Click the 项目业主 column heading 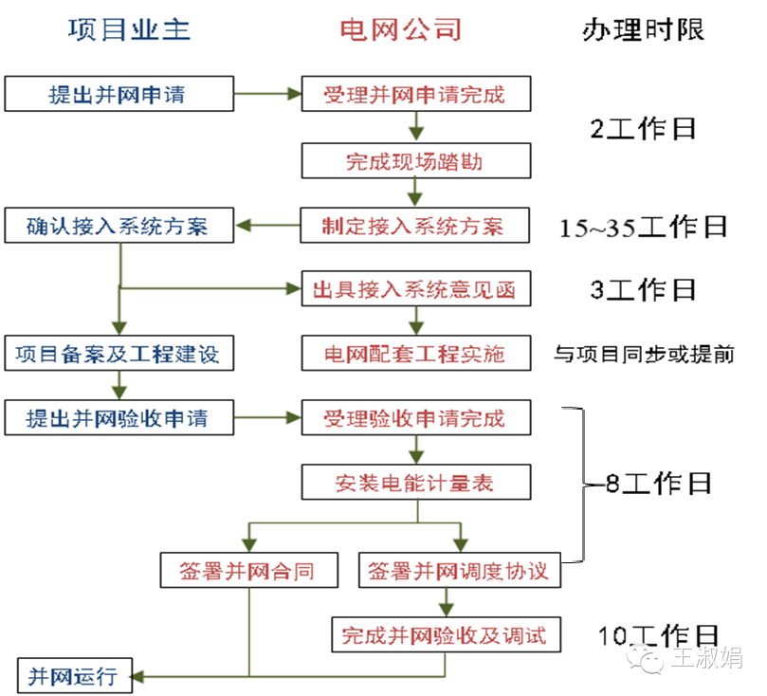click(130, 29)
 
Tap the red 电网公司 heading click(401, 29)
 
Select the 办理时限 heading click(643, 29)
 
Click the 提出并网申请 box click(118, 94)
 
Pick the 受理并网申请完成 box click(415, 94)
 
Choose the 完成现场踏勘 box click(415, 160)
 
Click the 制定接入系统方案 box click(415, 226)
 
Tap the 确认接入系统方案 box click(118, 226)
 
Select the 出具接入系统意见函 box click(415, 289)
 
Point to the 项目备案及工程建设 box click(118, 355)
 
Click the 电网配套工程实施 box click(415, 355)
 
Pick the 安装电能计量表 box click(415, 483)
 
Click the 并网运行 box click(72, 675)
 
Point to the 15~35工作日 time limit click(643, 227)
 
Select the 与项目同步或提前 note click(644, 355)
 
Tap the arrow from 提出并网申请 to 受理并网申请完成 click(266, 94)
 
